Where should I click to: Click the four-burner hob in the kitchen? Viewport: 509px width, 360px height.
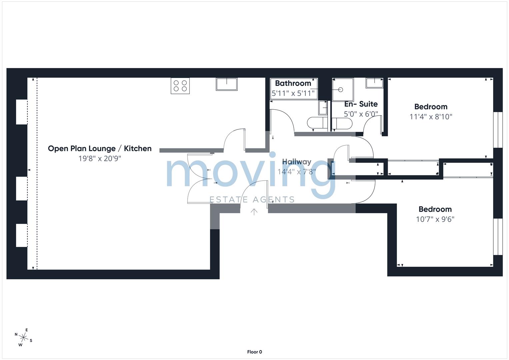[180, 86]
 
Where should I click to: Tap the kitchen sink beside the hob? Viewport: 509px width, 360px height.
[227, 84]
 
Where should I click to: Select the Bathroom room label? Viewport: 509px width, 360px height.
[293, 83]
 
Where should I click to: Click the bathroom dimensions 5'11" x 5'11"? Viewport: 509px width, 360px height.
[293, 93]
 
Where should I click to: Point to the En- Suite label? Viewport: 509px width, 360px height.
[361, 104]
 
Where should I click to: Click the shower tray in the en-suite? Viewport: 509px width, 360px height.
[343, 89]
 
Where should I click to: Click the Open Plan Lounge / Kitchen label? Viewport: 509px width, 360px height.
[100, 149]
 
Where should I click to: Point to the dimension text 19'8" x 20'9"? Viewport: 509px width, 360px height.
[100, 158]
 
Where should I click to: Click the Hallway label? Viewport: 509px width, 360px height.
[297, 162]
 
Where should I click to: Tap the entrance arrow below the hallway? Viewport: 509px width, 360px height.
[254, 212]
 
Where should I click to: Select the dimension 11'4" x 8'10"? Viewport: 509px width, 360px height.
[431, 117]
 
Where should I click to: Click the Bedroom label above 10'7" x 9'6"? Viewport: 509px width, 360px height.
[435, 209]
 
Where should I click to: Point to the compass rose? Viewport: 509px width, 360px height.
[23, 338]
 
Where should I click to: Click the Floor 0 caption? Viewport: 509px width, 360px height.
[254, 352]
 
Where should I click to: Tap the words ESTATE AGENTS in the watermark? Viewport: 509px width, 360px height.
[252, 200]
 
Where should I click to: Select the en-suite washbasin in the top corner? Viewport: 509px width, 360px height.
[374, 83]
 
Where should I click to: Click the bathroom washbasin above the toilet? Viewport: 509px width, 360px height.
[323, 107]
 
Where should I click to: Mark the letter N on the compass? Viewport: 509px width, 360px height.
[16, 334]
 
